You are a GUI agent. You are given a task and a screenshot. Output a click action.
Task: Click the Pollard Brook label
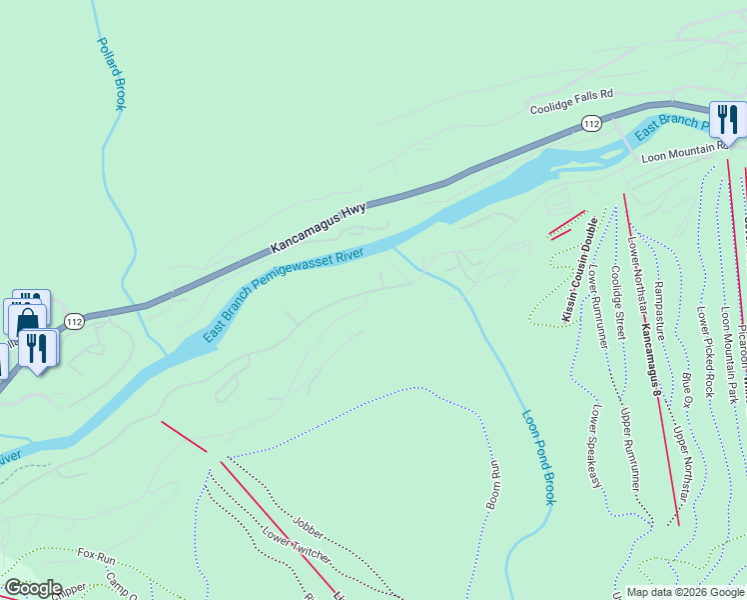[110, 74]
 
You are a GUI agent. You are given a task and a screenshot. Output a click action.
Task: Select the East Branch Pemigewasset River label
[283, 297]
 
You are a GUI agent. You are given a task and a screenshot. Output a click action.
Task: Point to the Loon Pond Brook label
[537, 456]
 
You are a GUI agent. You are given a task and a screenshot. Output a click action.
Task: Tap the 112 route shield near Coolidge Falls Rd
[591, 124]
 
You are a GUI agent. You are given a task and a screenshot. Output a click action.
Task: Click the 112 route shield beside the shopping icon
[74, 321]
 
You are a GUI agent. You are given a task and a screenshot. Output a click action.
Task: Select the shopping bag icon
[25, 320]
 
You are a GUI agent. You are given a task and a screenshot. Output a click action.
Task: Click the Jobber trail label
[309, 526]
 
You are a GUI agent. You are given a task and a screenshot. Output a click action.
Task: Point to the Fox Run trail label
[99, 553]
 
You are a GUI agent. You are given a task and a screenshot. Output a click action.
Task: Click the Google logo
[33, 588]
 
